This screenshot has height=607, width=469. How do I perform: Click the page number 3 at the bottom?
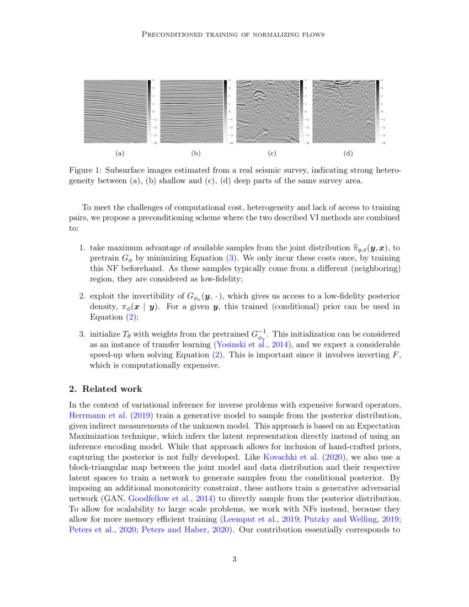coord(234,560)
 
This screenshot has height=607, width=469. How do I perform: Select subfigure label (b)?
coord(195,153)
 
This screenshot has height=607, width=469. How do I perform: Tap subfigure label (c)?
coord(271,153)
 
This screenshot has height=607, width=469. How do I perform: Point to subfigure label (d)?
coord(348,153)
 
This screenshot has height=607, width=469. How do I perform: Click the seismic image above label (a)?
coord(115,112)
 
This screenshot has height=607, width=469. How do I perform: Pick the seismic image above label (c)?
coord(267,112)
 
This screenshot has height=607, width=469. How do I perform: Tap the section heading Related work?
coord(104,388)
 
